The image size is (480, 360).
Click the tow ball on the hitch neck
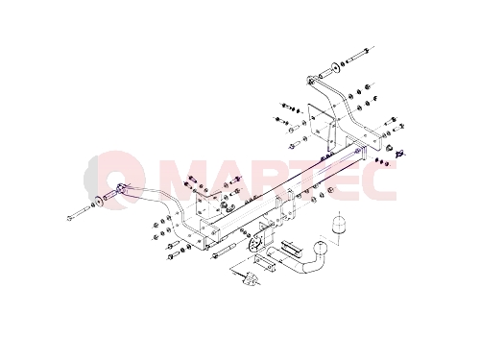(320, 249)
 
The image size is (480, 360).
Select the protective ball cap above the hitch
(339, 225)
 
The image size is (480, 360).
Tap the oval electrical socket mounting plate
(256, 245)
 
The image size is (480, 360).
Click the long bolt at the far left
(79, 213)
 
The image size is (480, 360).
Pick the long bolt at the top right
(357, 55)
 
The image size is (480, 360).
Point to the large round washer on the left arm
(100, 201)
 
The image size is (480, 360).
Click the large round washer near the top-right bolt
(335, 68)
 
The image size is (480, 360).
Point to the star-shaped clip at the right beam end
(400, 154)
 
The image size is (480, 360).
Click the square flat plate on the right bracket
(318, 121)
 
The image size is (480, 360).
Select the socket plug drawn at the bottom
(251, 277)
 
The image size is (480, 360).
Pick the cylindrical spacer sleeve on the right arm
(324, 73)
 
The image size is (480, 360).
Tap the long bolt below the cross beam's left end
(223, 251)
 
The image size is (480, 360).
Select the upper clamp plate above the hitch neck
(291, 248)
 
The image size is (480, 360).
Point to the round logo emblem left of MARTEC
(114, 180)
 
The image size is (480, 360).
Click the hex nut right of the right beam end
(390, 148)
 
